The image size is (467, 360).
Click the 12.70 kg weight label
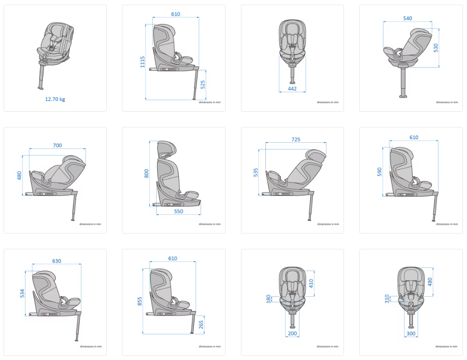(x=55, y=99)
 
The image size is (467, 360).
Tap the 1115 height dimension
(x=143, y=62)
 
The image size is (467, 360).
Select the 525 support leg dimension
(x=203, y=85)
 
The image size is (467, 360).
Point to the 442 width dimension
(x=292, y=89)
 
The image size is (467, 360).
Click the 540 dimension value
(x=407, y=18)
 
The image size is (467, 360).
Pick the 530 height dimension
(x=436, y=48)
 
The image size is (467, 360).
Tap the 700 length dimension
(x=58, y=145)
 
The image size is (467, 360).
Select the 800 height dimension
(x=146, y=174)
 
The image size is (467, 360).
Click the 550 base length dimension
(x=179, y=212)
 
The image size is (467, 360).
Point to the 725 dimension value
(x=296, y=140)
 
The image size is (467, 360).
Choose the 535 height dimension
(x=256, y=172)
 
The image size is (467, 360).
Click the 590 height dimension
(x=379, y=172)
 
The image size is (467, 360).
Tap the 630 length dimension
(x=57, y=261)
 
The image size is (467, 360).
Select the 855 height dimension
(x=140, y=301)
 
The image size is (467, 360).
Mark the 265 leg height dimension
(x=201, y=325)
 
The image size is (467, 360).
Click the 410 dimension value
(x=311, y=284)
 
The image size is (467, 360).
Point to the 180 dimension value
(x=268, y=299)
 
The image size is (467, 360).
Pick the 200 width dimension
(x=292, y=333)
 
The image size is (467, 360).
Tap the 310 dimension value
(x=387, y=299)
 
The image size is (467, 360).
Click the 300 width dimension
(x=411, y=333)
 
